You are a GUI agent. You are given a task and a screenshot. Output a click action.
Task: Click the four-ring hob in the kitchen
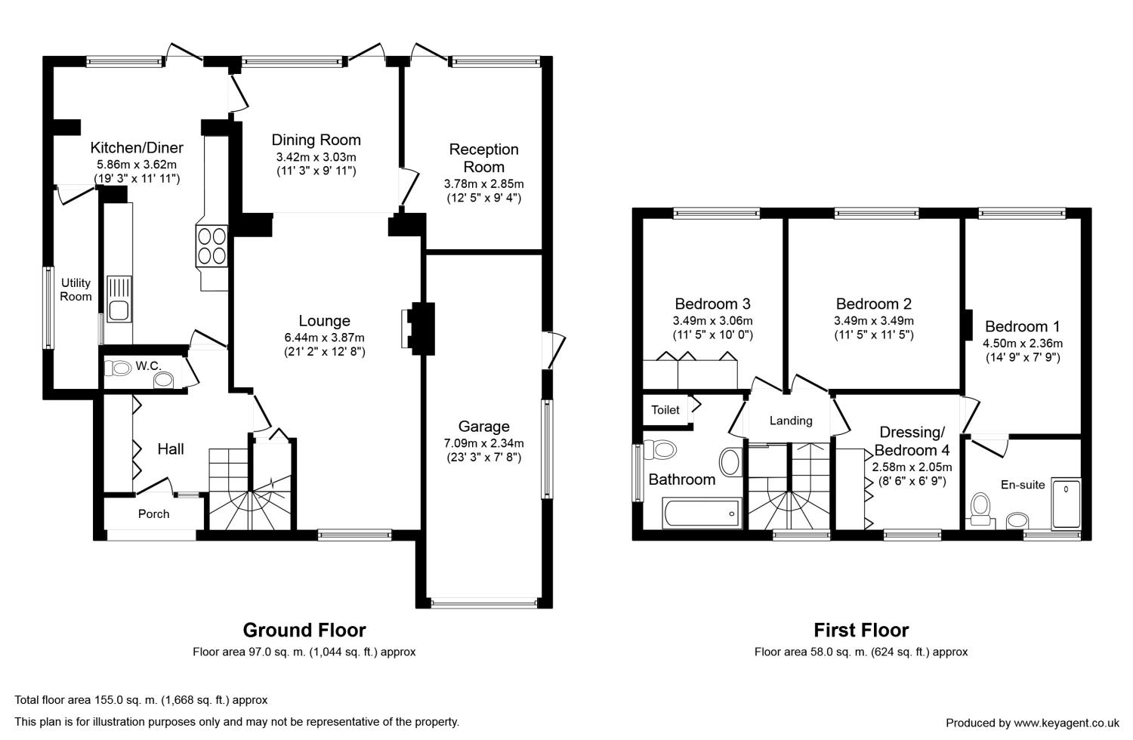coord(212,246)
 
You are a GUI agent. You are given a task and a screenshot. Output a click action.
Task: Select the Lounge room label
coord(324,321)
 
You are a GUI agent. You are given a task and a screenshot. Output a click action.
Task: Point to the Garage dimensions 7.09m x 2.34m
coord(483,443)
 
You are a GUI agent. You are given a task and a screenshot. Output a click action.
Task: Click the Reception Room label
coord(484,158)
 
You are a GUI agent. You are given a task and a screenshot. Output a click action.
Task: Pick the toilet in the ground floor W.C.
coord(118,368)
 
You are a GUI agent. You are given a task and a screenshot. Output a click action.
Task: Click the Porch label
coord(154,514)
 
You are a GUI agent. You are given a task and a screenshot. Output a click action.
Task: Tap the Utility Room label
coord(76,290)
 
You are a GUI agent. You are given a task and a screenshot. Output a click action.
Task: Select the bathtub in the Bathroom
coord(702,513)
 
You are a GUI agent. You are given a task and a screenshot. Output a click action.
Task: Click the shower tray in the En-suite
coord(1067,504)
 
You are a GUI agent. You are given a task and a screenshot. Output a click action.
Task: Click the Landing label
coord(791,421)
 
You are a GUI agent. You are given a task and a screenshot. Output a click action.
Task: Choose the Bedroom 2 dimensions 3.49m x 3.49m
coord(873,321)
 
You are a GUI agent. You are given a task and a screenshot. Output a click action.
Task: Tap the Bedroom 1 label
coord(1022,326)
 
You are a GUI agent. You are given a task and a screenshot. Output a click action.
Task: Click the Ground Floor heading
coord(304,631)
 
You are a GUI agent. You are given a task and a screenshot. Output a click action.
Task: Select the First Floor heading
coord(861,631)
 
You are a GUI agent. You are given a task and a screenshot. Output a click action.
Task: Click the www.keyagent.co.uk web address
coord(1067,723)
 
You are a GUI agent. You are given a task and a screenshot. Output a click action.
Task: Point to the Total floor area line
coord(141,700)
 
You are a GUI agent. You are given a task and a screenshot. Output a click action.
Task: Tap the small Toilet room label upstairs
coord(665,410)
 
